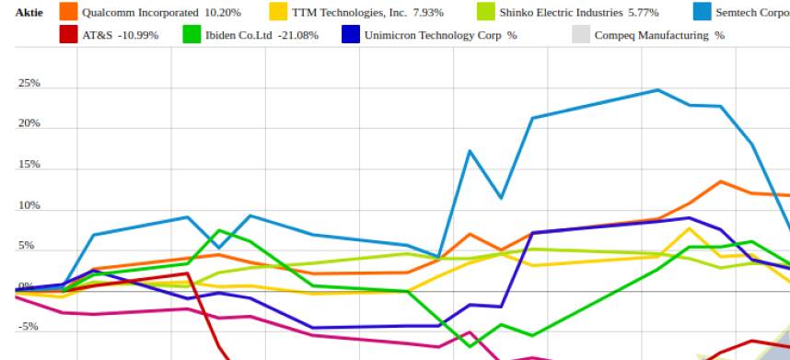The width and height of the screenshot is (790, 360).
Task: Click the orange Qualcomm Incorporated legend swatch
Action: coord(68,12)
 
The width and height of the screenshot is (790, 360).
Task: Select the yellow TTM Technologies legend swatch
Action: coord(278,12)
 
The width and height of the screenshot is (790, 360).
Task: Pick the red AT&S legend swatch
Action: coord(68,35)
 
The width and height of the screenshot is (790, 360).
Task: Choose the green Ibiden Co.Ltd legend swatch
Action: coord(192,35)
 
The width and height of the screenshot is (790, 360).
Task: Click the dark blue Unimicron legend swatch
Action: coord(351,35)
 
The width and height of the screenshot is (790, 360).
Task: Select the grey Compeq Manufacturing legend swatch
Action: coord(581,35)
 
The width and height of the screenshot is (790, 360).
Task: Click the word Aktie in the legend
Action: coord(29,13)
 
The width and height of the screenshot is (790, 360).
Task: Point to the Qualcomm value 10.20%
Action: coord(224,13)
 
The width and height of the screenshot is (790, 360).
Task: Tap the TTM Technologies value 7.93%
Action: coord(428,13)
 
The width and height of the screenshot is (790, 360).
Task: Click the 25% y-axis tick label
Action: coord(29,84)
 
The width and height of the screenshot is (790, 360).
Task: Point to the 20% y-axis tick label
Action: coord(29,124)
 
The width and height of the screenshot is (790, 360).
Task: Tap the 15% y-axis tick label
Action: coord(29,165)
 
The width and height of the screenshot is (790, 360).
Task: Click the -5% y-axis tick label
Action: coord(28,326)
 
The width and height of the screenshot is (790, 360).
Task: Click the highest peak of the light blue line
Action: coord(657,90)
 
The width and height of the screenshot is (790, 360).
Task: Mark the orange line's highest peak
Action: coord(721,181)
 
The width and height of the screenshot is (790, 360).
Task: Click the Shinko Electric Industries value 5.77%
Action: coord(640,13)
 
